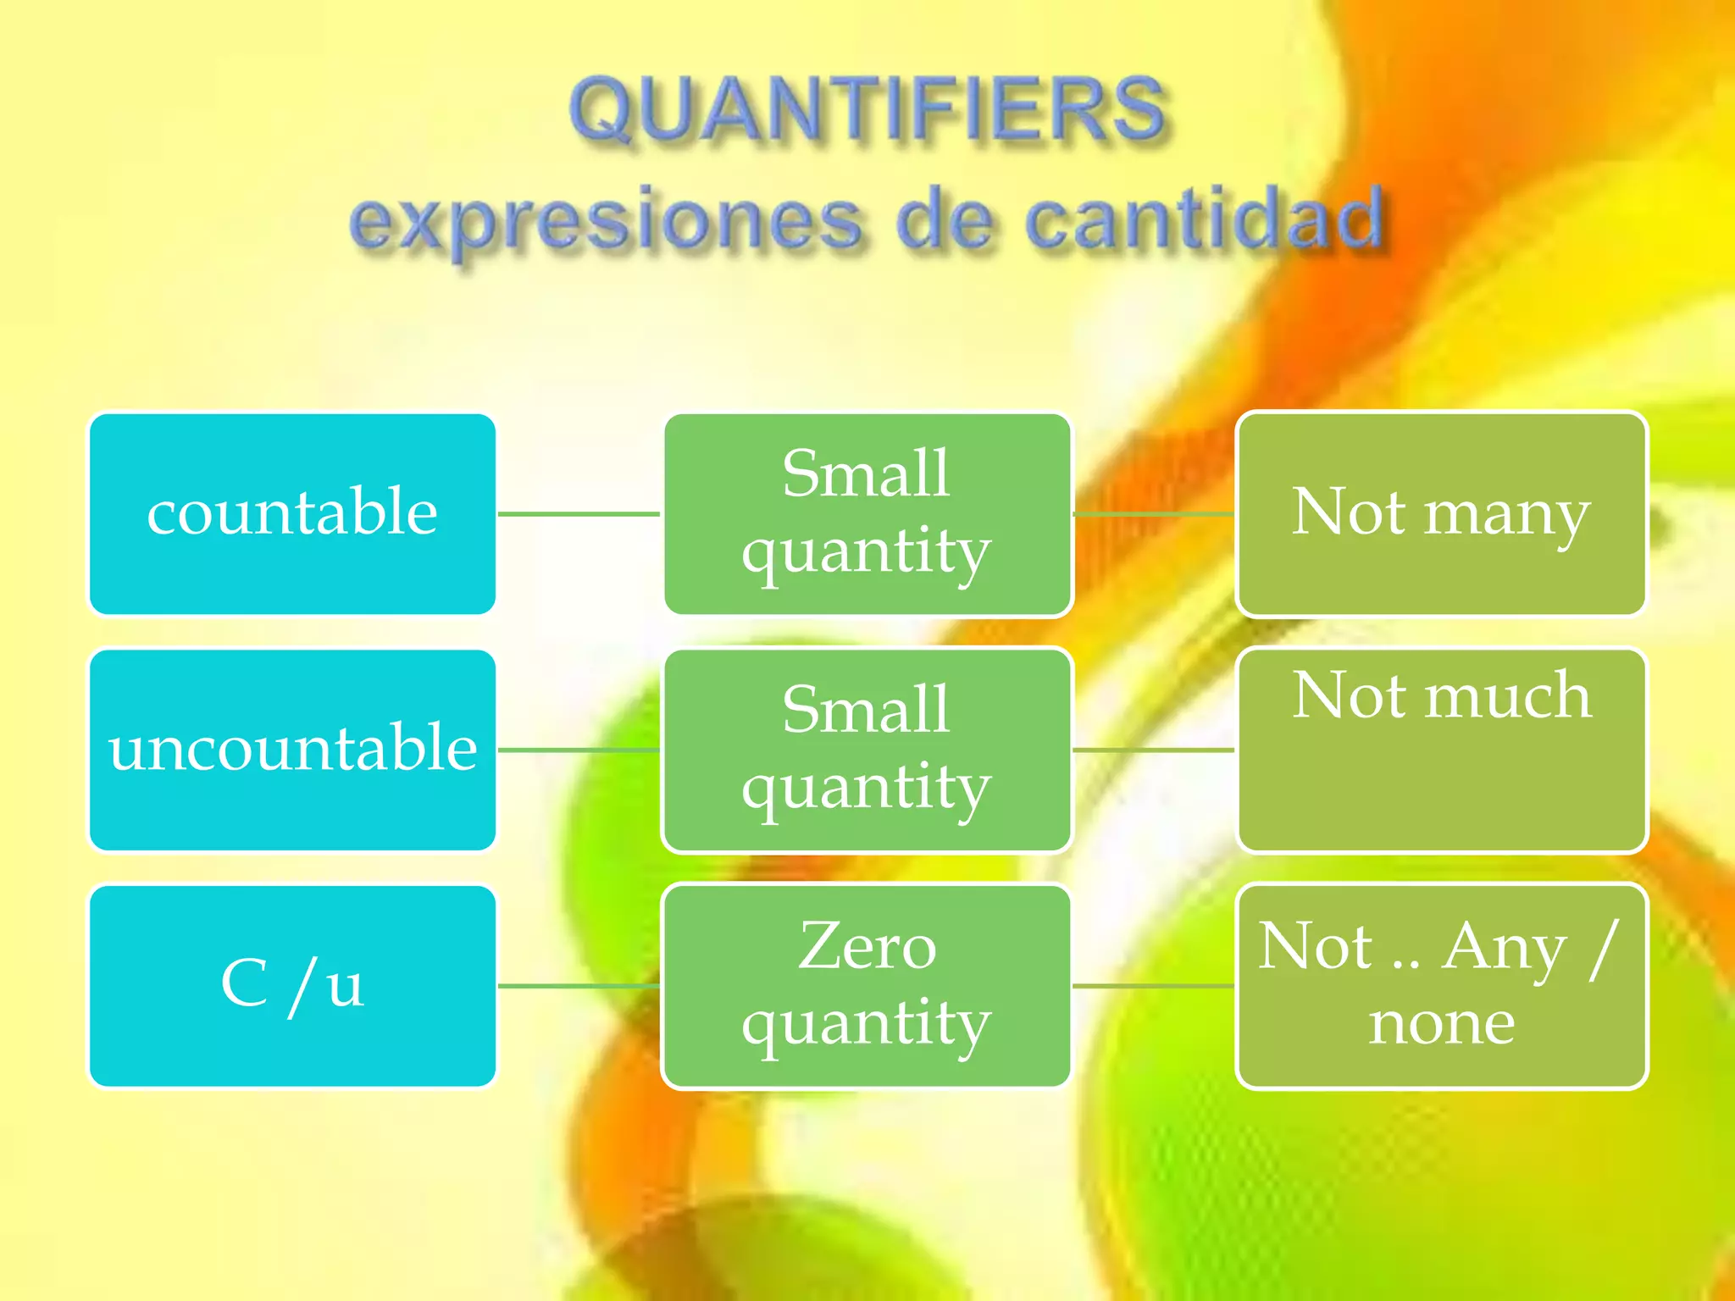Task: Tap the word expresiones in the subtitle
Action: pos(607,220)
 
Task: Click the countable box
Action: pos(292,514)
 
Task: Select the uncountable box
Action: pos(292,750)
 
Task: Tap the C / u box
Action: pos(292,986)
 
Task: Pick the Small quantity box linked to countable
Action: pos(867,514)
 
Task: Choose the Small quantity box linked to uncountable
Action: pos(867,750)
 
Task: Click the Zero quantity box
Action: pos(867,986)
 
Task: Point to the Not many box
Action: pos(1441,514)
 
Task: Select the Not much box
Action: pos(1441,750)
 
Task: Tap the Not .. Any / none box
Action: pos(1441,986)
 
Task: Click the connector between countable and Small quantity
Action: pos(579,514)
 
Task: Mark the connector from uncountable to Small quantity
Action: pos(579,750)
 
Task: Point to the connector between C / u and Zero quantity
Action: pos(579,986)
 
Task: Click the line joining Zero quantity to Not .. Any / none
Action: pos(1154,986)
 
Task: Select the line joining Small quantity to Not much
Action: pos(1154,750)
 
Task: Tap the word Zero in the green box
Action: pos(867,947)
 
